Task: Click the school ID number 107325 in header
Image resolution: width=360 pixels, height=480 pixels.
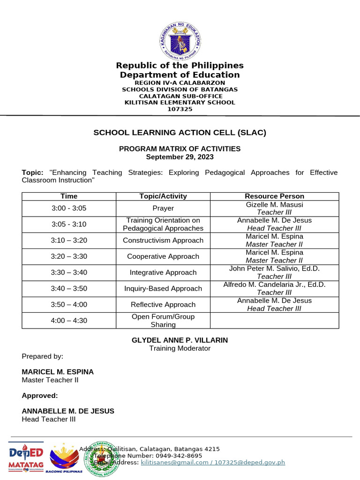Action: pyautogui.click(x=180, y=109)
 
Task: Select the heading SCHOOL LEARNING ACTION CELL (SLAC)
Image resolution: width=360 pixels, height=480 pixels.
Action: pyautogui.click(x=180, y=133)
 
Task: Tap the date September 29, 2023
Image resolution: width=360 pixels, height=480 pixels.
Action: pyautogui.click(x=180, y=157)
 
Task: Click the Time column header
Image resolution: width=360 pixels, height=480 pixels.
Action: pyautogui.click(x=69, y=196)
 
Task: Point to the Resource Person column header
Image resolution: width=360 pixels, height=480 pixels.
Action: pyautogui.click(x=274, y=196)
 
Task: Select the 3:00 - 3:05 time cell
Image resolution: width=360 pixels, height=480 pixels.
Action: pyautogui.click(x=69, y=208)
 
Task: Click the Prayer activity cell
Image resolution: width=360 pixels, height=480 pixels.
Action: pyautogui.click(x=163, y=208)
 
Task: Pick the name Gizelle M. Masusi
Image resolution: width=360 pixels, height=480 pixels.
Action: pyautogui.click(x=274, y=204)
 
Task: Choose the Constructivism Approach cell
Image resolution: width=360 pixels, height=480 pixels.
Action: pyautogui.click(x=163, y=240)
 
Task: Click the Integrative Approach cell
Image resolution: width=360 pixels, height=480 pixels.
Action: pyautogui.click(x=163, y=272)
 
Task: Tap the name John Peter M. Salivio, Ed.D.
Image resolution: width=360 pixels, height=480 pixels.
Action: pyautogui.click(x=274, y=269)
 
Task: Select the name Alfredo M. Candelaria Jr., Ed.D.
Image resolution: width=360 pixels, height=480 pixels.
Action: pyautogui.click(x=274, y=285)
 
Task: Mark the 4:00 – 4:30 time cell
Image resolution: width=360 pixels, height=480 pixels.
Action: pyautogui.click(x=69, y=321)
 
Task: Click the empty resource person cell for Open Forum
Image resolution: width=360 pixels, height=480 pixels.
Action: pyautogui.click(x=274, y=321)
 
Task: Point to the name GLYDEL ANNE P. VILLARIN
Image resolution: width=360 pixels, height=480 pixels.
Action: pyautogui.click(x=180, y=340)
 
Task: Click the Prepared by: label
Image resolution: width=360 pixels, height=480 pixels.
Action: pyautogui.click(x=43, y=356)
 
